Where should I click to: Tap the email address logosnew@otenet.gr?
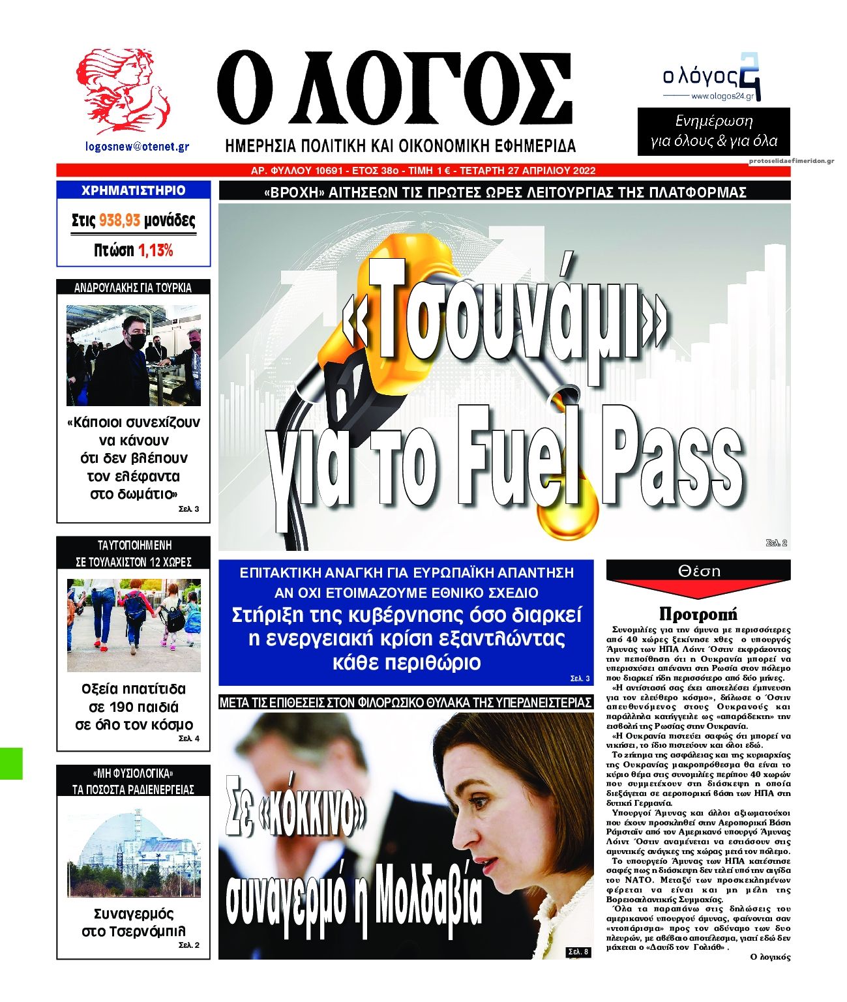(137, 147)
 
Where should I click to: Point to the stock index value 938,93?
(119, 221)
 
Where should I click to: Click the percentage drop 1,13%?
(155, 250)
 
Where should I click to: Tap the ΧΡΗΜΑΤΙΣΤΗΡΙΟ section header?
(133, 190)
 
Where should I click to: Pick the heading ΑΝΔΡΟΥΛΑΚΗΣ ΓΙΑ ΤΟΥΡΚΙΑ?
(133, 287)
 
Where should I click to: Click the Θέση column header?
(699, 570)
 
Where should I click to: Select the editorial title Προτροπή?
(698, 613)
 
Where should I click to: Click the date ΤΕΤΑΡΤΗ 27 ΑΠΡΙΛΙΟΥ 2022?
(528, 171)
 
